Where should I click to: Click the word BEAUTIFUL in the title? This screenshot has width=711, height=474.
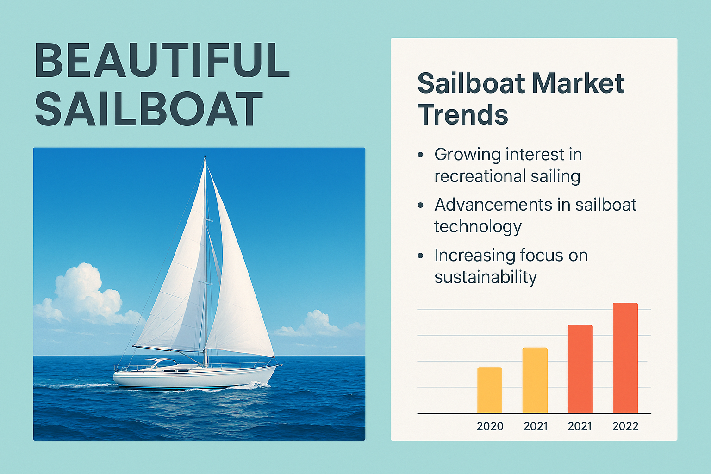162,60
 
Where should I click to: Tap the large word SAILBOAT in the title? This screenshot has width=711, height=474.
149,108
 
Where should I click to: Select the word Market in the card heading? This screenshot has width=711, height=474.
577,83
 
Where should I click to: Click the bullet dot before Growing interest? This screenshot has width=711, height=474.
421,155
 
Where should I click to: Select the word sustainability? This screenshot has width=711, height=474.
486,277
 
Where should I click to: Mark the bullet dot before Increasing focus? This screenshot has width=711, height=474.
421,256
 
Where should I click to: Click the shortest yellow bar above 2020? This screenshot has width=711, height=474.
490,390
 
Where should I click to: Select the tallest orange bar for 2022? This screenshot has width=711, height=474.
625,358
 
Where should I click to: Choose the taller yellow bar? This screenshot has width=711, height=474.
535,380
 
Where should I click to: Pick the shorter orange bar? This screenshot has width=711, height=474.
580,369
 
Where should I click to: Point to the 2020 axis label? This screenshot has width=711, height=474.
490,426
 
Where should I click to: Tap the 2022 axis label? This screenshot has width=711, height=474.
625,426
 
